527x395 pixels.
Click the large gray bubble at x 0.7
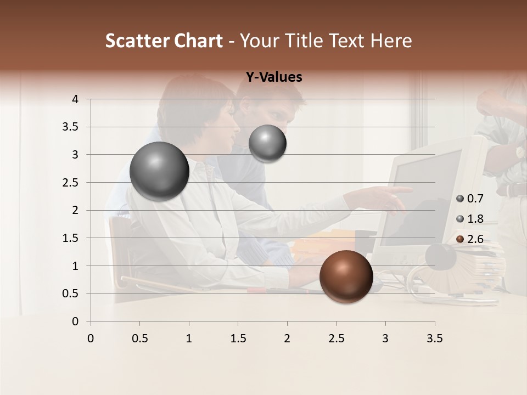pos(159,171)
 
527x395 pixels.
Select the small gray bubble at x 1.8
pos(267,144)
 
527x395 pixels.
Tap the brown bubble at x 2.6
pos(346,276)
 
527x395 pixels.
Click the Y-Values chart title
pos(273,77)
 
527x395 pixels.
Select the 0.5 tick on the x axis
pos(139,338)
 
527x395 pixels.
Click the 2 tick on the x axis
pos(287,338)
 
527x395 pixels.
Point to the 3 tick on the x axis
pos(385,338)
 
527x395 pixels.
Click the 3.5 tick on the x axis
pos(434,338)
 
